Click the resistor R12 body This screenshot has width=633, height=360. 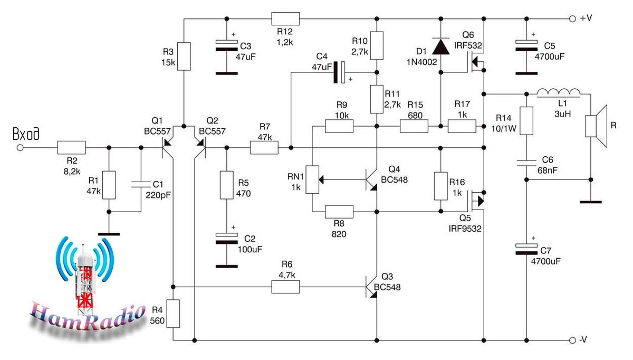(x=285, y=18)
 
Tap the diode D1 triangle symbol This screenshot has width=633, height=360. (x=441, y=46)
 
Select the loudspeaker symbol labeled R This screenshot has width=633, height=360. (x=596, y=126)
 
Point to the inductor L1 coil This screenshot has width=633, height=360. (x=559, y=92)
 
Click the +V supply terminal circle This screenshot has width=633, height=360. (x=572, y=19)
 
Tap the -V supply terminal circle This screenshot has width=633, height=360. (x=572, y=340)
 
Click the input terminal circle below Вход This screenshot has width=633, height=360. (x=20, y=148)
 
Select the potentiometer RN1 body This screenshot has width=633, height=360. (x=312, y=179)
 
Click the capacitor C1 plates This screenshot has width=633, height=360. (x=141, y=184)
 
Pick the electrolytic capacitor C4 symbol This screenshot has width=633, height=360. (x=339, y=72)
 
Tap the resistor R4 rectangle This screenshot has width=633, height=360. (x=173, y=314)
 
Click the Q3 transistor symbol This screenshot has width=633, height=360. (x=371, y=287)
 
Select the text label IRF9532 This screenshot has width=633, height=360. (x=465, y=229)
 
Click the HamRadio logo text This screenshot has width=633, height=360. (x=88, y=315)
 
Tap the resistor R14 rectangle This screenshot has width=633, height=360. (x=526, y=121)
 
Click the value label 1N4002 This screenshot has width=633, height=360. (x=421, y=62)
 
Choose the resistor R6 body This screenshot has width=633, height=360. (x=285, y=287)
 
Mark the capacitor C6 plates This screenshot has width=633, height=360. (x=526, y=163)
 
